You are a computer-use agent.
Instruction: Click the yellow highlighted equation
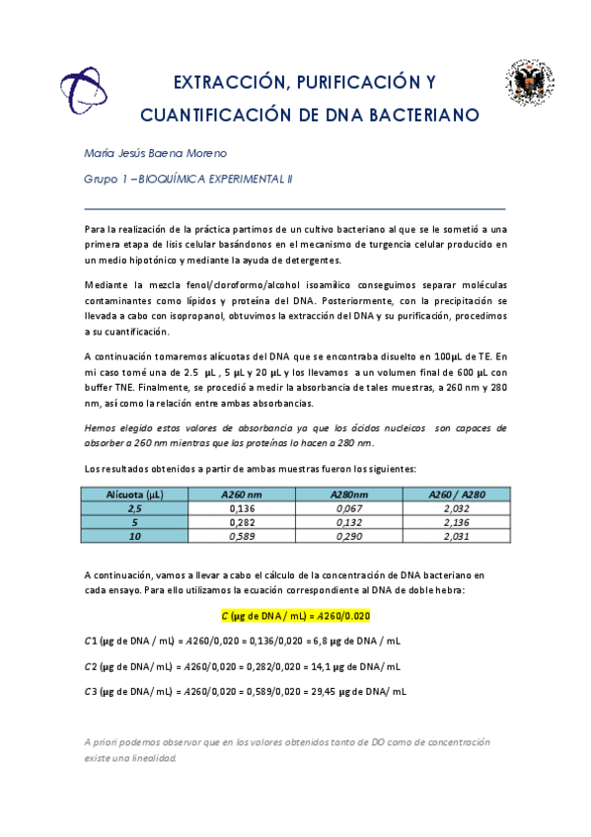(x=296, y=615)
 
